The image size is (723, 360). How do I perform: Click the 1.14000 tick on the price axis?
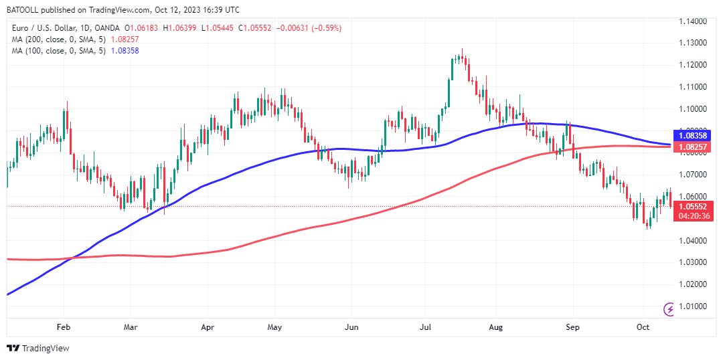(x=694, y=21)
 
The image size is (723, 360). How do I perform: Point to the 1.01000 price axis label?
(x=694, y=306)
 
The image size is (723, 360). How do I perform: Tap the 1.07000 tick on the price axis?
(x=694, y=175)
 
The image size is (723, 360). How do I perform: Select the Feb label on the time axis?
(x=64, y=327)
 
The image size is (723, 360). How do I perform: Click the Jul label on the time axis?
(x=425, y=327)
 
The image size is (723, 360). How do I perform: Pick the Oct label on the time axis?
(x=643, y=327)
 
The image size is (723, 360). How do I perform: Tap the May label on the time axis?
(x=275, y=327)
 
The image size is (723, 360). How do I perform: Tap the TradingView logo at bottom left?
(x=38, y=348)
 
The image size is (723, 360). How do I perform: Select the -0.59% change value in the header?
(x=329, y=28)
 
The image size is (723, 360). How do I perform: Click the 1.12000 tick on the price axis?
(x=694, y=65)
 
